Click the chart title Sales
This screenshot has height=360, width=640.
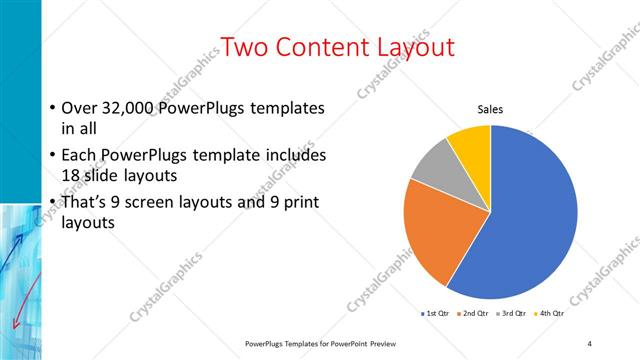coord(489,110)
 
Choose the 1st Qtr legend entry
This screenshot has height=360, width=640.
coord(436,314)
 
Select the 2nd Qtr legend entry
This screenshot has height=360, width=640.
coord(474,314)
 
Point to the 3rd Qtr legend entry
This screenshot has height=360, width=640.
coord(511,314)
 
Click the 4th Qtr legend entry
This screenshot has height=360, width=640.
coord(548,314)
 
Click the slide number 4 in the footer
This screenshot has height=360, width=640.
coord(590,344)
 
